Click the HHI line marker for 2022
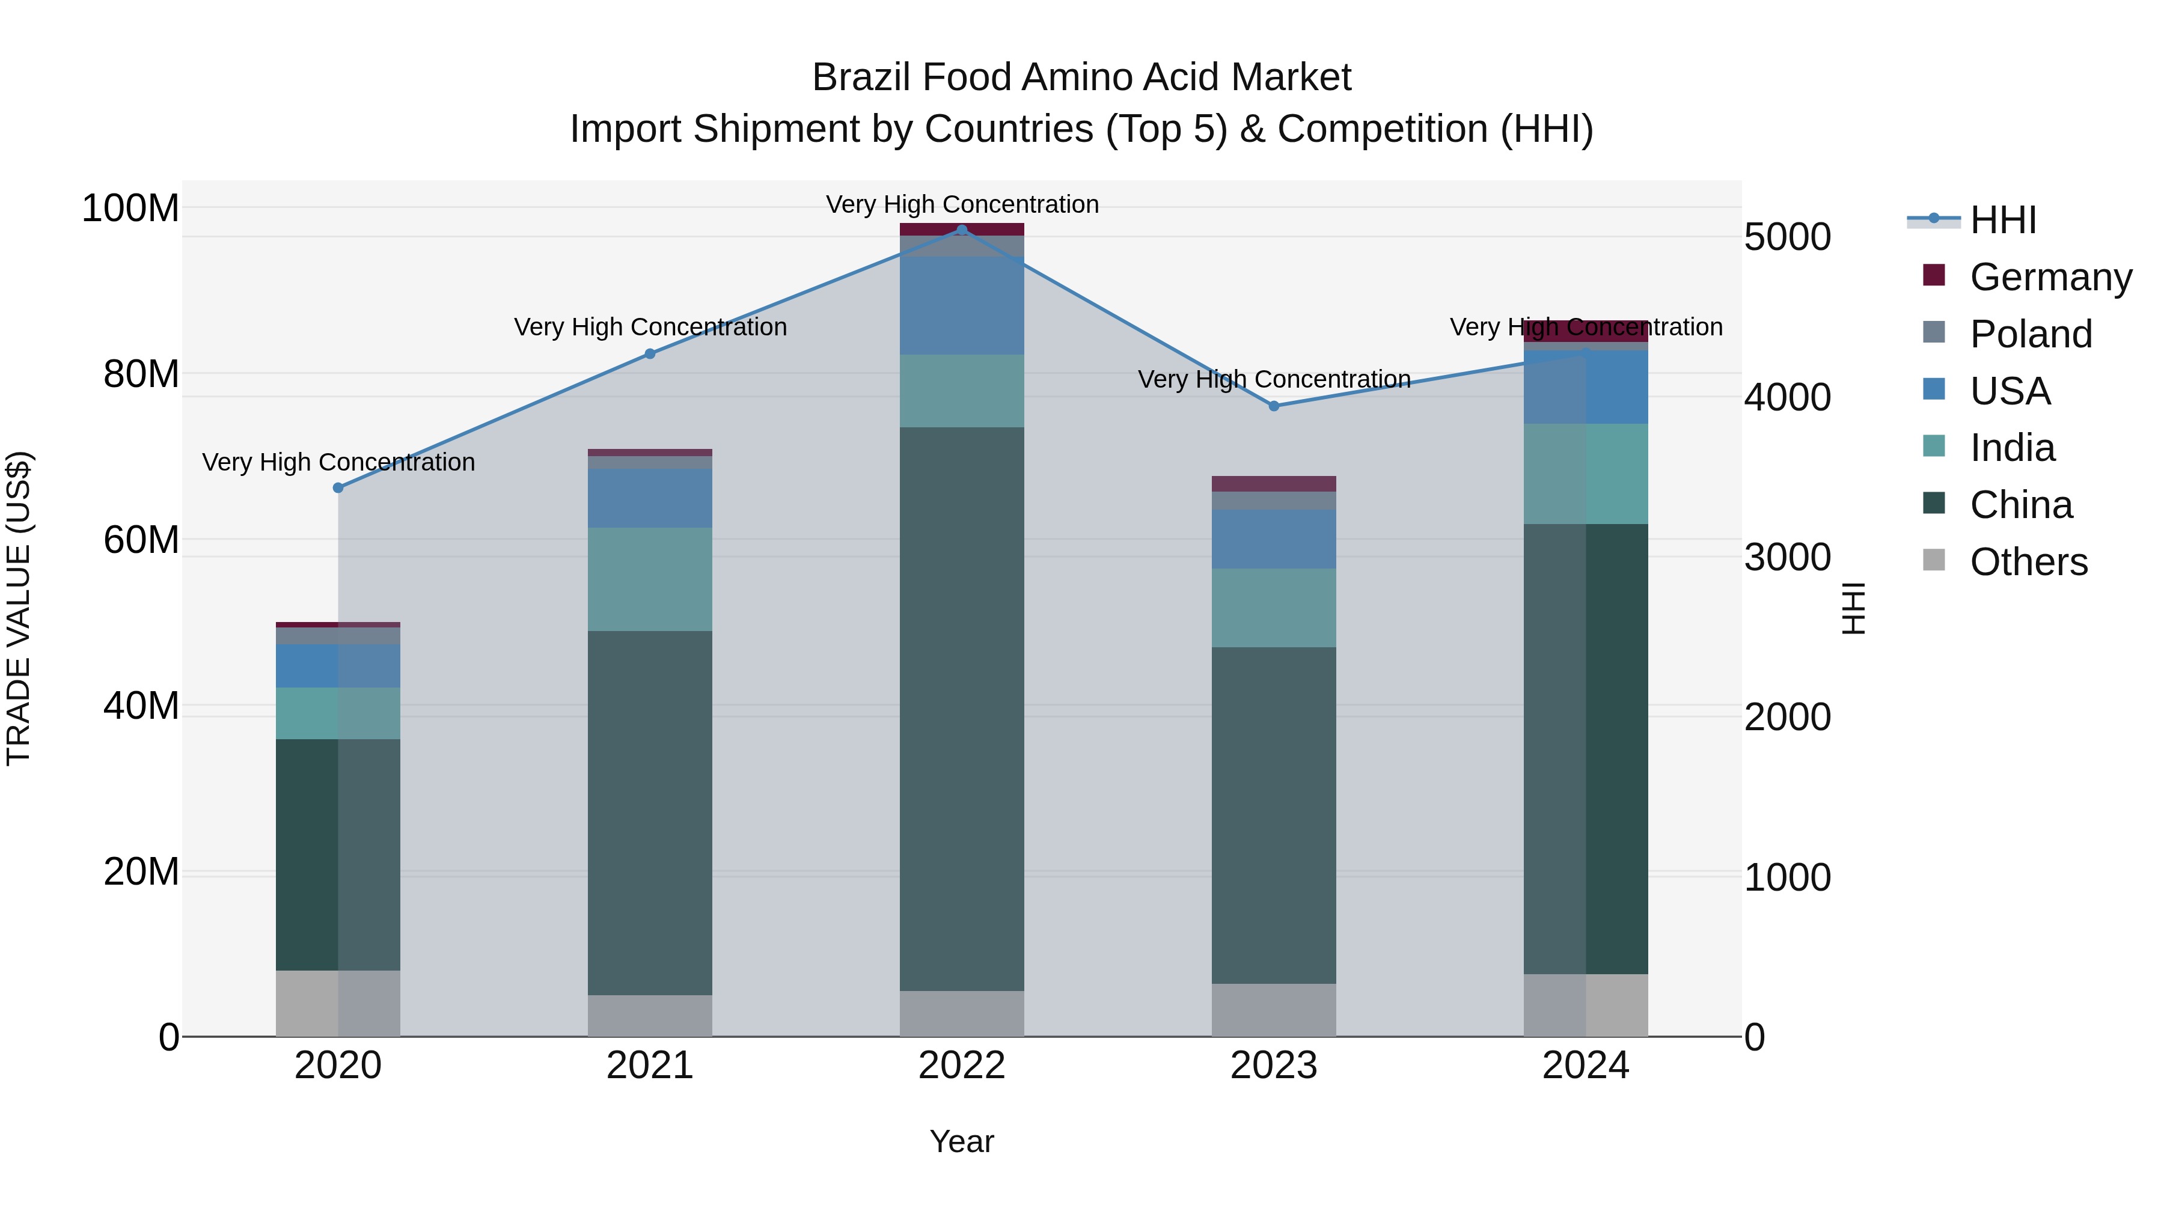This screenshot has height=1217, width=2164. click(962, 230)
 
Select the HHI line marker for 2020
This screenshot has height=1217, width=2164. click(338, 488)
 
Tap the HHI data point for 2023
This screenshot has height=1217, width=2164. click(1274, 406)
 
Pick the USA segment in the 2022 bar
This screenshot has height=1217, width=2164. click(962, 306)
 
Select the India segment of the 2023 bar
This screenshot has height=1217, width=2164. click(1274, 608)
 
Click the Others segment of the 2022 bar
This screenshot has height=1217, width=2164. click(962, 1014)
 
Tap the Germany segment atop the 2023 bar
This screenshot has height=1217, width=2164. click(1274, 484)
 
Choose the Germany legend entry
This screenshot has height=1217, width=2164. click(2050, 277)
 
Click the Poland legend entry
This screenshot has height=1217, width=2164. click(2031, 334)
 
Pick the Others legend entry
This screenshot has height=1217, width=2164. click(2028, 562)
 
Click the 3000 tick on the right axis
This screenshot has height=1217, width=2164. click(1788, 558)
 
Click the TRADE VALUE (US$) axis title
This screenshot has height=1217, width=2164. click(19, 608)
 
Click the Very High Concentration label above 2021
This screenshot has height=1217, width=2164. click(650, 327)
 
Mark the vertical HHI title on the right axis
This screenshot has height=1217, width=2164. click(1853, 608)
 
